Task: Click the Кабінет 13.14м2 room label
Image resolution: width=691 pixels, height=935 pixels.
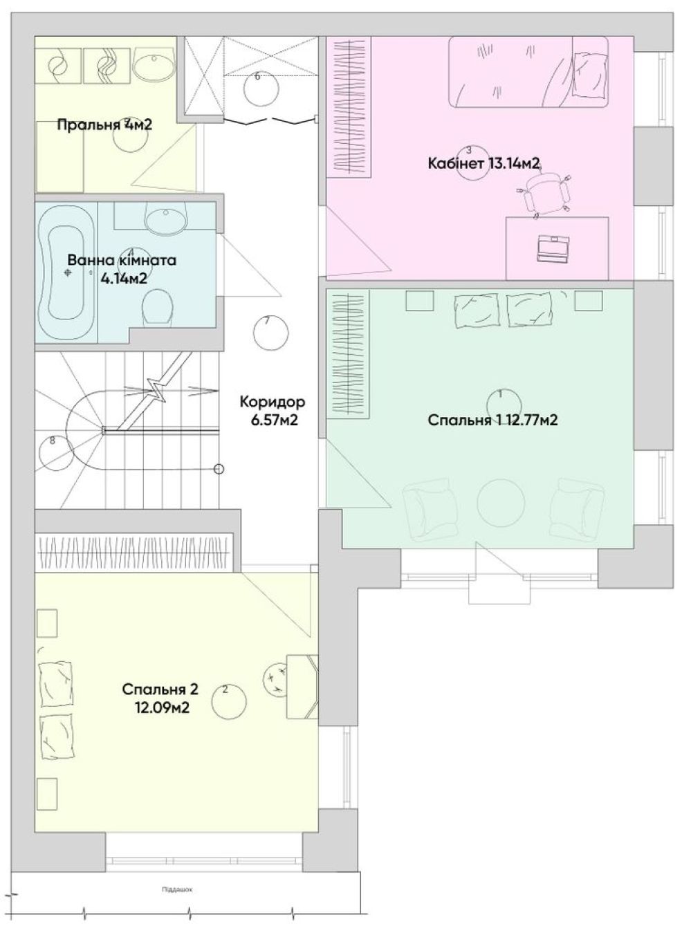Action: pos(483,163)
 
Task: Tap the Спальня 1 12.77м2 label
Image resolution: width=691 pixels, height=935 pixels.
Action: pos(492,420)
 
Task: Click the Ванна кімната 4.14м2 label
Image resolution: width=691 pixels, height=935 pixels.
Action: pos(122,268)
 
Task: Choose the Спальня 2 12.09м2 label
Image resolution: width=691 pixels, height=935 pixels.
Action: pos(160,698)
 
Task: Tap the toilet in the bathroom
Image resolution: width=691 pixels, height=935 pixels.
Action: pos(157,307)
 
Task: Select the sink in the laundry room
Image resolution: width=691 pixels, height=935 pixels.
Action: pos(154,64)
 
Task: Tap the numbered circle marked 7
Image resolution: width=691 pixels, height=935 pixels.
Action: pos(270,333)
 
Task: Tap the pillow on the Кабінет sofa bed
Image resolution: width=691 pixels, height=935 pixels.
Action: pos(590,75)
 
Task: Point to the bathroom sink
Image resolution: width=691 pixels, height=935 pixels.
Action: pos(166,217)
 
